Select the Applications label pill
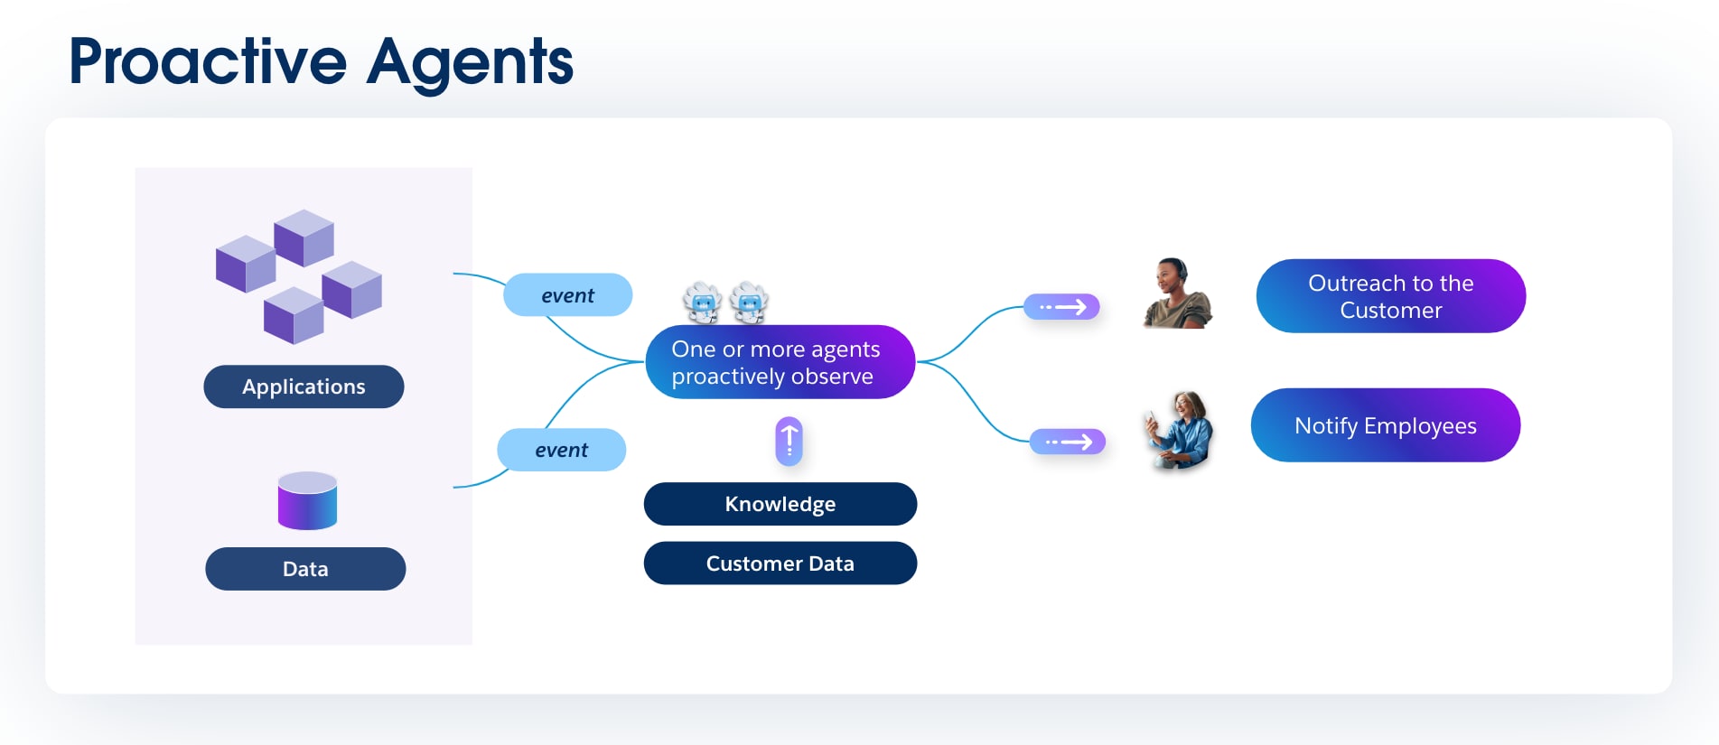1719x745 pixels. pos(304,386)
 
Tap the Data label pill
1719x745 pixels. pos(305,569)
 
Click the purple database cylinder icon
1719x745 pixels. pos(307,500)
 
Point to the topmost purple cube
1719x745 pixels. pos(304,237)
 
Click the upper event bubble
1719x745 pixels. pos(567,295)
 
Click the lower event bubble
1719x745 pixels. pos(561,450)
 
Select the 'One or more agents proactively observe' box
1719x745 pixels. pos(780,362)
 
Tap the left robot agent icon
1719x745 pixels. pos(702,303)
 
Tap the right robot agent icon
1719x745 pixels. pos(749,303)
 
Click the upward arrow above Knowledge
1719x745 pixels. pos(789,441)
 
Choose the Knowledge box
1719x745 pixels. pos(780,504)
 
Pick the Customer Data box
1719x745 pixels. pos(780,563)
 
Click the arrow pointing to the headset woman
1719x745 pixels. pos(1061,307)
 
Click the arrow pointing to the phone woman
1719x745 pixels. pos(1068,442)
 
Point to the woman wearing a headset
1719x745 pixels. pos(1175,293)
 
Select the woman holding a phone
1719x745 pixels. pos(1179,430)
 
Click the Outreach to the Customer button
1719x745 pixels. pos(1390,296)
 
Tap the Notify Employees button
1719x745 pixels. pos(1385,425)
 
